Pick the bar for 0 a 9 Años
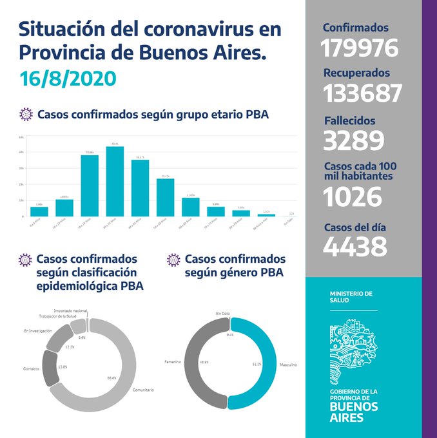[39, 211]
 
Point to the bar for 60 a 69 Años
[191, 207]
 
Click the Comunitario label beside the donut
[143, 390]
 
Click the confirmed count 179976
[360, 48]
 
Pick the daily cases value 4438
[355, 245]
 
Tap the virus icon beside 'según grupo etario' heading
[26, 115]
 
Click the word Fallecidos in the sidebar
[349, 120]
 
